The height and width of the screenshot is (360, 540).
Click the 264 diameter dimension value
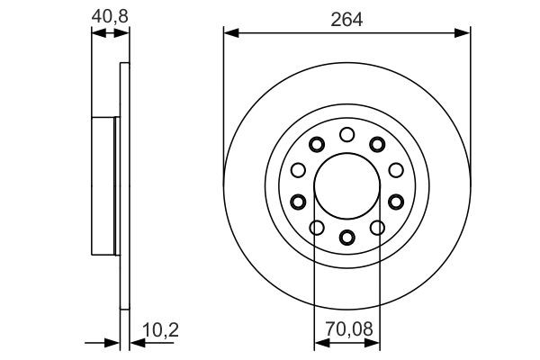coord(346,19)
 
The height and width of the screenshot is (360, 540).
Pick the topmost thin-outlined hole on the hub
coord(346,135)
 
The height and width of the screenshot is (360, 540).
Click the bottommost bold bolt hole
coord(346,238)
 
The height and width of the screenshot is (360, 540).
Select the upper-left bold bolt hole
coord(316,145)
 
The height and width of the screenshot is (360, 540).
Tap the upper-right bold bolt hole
coord(377,145)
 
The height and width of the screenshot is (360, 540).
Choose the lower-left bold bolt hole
coord(299,201)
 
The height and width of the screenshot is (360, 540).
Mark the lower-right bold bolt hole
coord(394,201)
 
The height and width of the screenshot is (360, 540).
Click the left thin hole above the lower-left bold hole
coord(298,170)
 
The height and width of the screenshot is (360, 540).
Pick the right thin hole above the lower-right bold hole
coord(395,170)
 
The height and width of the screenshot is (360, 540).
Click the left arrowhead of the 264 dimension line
coord(229,33)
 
